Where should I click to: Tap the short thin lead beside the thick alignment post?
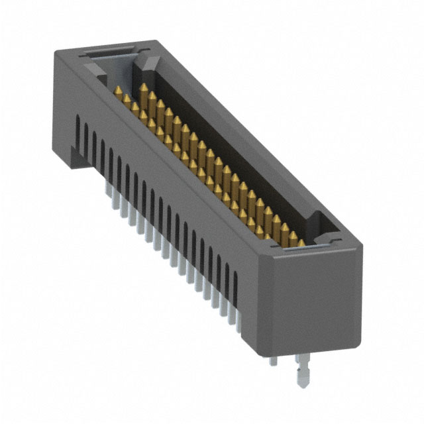(274, 362)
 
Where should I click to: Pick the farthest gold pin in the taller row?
(143, 90)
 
